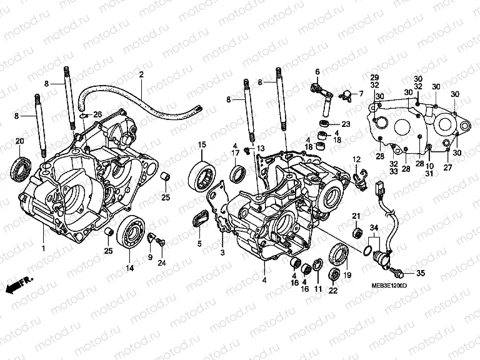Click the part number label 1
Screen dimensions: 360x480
coord(43,248)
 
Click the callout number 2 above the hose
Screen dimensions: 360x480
coord(141,75)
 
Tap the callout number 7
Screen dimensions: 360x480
coord(360,94)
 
